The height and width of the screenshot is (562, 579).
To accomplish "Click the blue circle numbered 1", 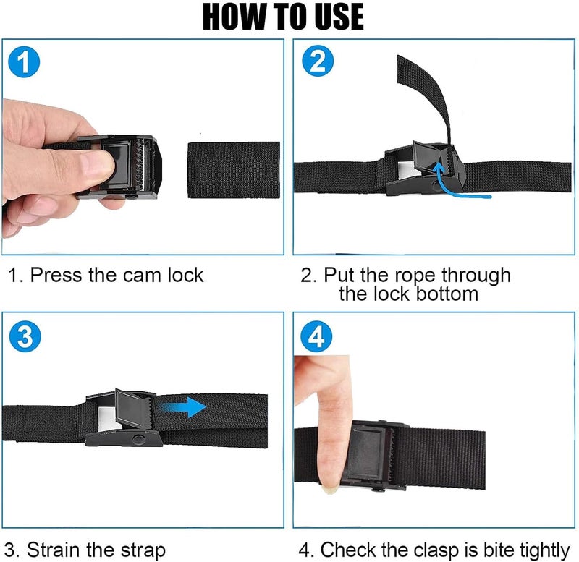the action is point(24,61).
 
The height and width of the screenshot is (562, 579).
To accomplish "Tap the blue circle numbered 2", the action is point(318,61).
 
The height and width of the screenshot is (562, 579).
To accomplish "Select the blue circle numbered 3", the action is point(25,336).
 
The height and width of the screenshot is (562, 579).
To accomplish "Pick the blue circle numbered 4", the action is point(316,336).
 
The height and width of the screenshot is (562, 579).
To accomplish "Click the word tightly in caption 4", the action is point(545,550).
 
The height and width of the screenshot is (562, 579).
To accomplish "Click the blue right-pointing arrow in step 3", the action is point(184,407).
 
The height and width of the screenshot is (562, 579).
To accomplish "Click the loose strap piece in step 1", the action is point(233,170).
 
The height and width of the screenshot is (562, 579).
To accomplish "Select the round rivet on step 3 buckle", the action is point(139,439).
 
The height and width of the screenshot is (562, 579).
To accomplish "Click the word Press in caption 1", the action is point(56,276).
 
